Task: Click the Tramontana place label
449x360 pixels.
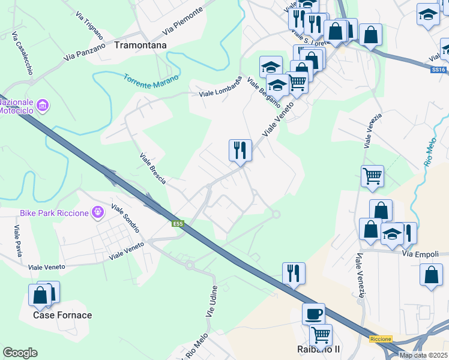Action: pyautogui.click(x=140, y=45)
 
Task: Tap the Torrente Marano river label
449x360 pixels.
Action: pyautogui.click(x=151, y=79)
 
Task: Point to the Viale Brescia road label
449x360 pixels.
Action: pyautogui.click(x=152, y=168)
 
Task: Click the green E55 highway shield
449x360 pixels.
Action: pyautogui.click(x=177, y=224)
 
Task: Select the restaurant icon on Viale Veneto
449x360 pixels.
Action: pyautogui.click(x=240, y=149)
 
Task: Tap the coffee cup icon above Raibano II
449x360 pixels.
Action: pyautogui.click(x=313, y=314)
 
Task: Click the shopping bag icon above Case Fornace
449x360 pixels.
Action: pyautogui.click(x=40, y=295)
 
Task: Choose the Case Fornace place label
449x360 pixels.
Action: pyautogui.click(x=62, y=315)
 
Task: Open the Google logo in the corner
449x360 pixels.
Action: pyautogui.click(x=20, y=353)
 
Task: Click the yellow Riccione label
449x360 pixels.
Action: pyautogui.click(x=381, y=339)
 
